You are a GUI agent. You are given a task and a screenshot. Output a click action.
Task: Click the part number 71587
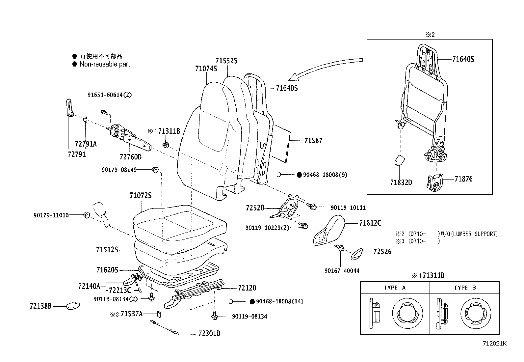click(313, 141)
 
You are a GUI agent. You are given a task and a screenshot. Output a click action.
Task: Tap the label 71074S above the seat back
click(206, 69)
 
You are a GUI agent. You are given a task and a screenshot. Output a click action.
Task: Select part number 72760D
click(130, 157)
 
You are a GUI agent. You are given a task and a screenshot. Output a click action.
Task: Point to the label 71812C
click(370, 223)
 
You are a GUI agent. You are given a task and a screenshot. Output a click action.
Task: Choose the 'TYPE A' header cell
click(395, 288)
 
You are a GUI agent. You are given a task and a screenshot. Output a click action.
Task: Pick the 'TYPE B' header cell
click(465, 288)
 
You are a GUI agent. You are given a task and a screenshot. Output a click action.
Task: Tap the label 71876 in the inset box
click(463, 179)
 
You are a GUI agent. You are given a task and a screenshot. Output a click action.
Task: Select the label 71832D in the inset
click(401, 182)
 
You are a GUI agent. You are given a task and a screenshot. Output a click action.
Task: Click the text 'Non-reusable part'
click(105, 64)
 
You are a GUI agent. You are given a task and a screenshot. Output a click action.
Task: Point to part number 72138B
click(40, 306)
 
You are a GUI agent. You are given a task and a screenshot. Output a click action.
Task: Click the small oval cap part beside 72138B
click(73, 306)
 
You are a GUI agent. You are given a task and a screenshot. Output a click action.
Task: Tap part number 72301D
click(209, 333)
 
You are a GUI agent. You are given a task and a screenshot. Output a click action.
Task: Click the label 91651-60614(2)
click(109, 95)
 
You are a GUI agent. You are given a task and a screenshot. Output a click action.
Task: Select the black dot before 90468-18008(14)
click(252, 301)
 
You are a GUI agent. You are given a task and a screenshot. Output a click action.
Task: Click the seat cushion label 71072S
click(141, 195)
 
